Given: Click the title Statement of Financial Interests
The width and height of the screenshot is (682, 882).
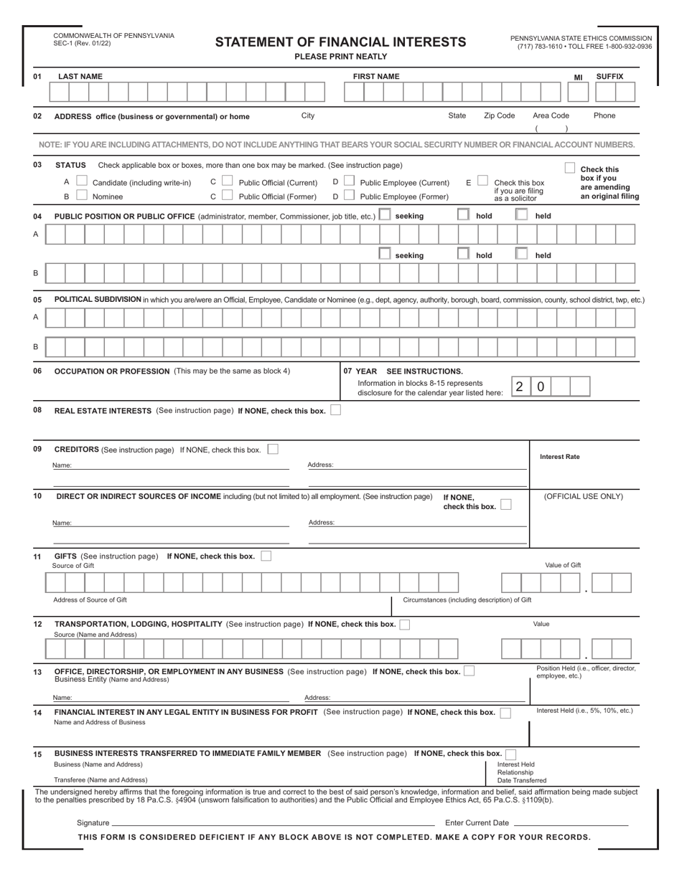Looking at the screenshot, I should pos(340,42).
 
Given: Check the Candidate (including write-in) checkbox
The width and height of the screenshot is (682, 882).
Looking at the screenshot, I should pos(82,182).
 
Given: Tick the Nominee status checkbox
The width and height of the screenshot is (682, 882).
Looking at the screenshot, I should pos(82,196).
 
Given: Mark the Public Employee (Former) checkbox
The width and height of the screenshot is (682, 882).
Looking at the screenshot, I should pos(349,196).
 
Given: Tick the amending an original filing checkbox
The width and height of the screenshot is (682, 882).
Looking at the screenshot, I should pos(569,169).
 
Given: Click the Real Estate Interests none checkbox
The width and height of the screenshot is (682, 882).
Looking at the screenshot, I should pos(336,411).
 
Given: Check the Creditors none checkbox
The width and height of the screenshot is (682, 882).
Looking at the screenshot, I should pos(272,450).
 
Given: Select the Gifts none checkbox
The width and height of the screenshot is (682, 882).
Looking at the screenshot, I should pos(266,556).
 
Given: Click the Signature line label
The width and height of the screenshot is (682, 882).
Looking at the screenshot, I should pos(93,822).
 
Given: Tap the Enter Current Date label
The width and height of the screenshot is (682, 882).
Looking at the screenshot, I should pos(477,822).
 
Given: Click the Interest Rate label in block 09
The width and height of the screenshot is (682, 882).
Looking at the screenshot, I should pos(559,457).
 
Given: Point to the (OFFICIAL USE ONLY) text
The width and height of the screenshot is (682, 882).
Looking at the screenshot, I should pos(583,496).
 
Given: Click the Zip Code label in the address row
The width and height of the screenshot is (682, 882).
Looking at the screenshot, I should pos(499,115).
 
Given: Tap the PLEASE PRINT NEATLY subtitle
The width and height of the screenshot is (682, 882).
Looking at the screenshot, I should pos(340,57).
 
